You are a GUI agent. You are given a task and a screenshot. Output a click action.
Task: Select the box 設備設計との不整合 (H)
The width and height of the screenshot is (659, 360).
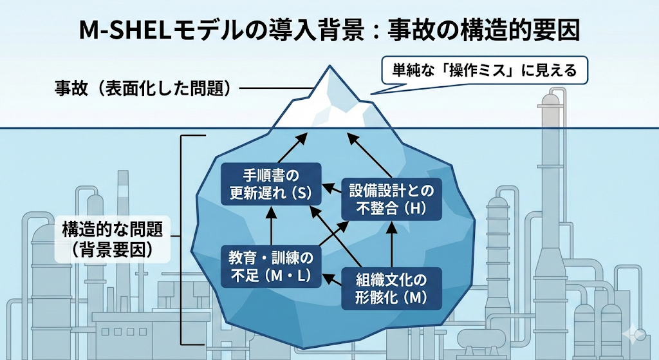click(391, 198)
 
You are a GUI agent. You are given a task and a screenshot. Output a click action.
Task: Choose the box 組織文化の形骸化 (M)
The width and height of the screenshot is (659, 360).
click(391, 289)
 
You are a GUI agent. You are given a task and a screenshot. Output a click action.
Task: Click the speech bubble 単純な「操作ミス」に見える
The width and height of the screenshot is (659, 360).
click(485, 70)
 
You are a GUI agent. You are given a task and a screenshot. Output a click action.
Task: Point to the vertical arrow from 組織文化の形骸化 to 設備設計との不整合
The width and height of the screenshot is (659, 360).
click(391, 243)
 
